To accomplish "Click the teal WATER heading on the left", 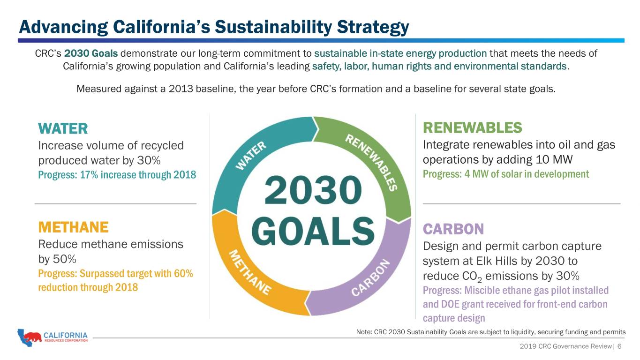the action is click(63, 128).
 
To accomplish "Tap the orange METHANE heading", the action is click(74, 227).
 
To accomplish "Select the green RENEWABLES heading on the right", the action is click(472, 127).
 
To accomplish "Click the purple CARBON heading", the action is click(453, 229).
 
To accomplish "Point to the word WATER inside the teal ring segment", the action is click(251, 155).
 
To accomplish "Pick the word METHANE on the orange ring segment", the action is click(250, 272).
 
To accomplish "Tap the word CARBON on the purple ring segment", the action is click(370, 277).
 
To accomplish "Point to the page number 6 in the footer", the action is click(619, 346).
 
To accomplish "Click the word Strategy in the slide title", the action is click(373, 28).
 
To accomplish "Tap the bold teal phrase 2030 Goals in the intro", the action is click(91, 53).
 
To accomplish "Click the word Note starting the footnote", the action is click(364, 332).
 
